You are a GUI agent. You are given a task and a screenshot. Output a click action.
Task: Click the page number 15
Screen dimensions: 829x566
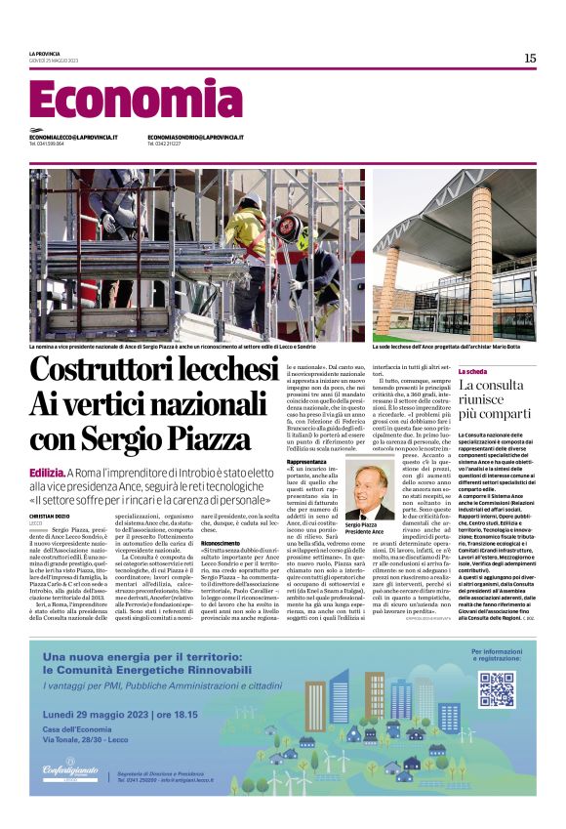(x=529, y=59)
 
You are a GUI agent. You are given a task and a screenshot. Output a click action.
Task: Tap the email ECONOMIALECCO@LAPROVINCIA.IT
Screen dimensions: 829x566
(x=73, y=138)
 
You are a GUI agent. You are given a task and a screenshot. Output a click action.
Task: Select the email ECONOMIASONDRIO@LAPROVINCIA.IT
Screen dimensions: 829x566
(x=195, y=138)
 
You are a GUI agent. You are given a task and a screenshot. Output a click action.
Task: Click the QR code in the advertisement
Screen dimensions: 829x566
(x=496, y=689)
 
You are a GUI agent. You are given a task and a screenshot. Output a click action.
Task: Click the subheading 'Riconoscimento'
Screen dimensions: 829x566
(x=221, y=543)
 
